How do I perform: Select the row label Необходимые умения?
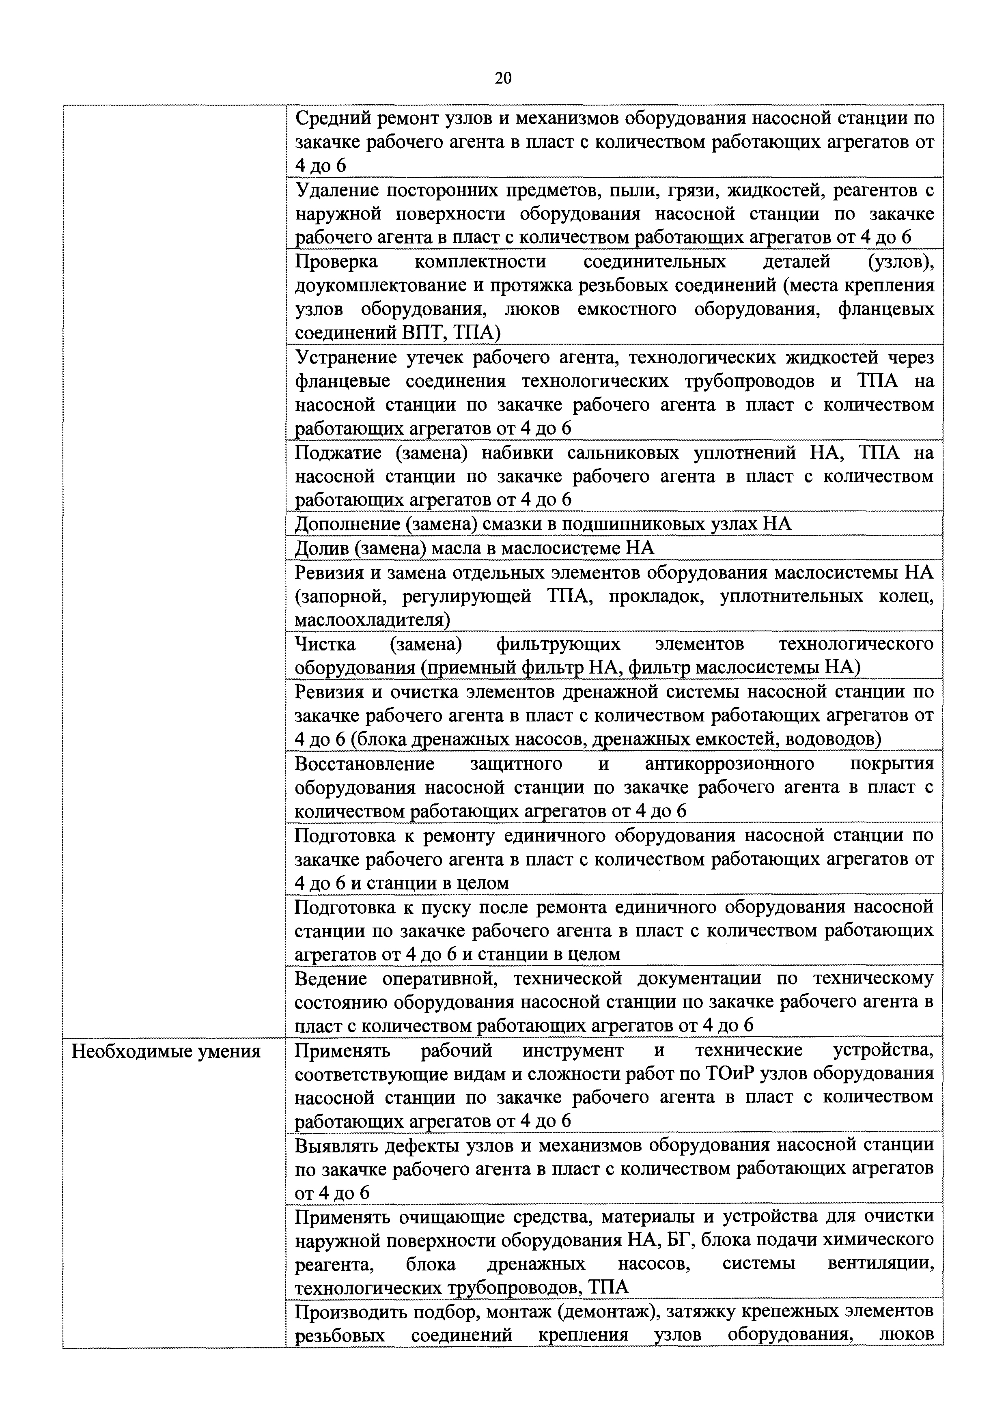pos(166,1052)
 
